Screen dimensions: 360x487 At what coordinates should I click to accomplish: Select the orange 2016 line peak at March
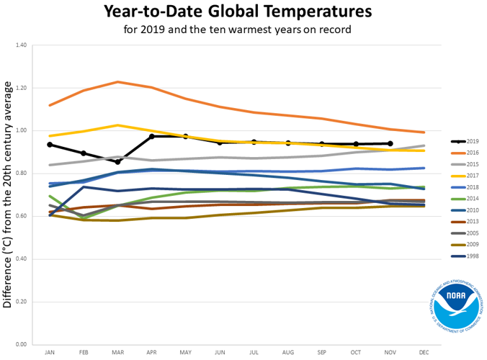click(117, 82)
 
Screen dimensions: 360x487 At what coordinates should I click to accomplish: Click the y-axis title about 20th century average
click(8, 194)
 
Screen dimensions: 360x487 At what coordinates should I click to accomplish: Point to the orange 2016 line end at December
click(424, 132)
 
